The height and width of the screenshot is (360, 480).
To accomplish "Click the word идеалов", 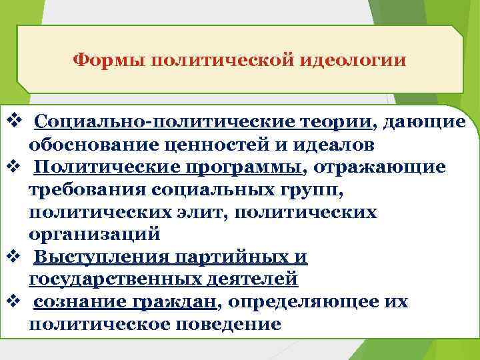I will click(x=326, y=145).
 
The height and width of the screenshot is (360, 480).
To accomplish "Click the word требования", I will click(x=87, y=189).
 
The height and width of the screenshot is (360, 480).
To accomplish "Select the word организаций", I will click(x=95, y=235).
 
